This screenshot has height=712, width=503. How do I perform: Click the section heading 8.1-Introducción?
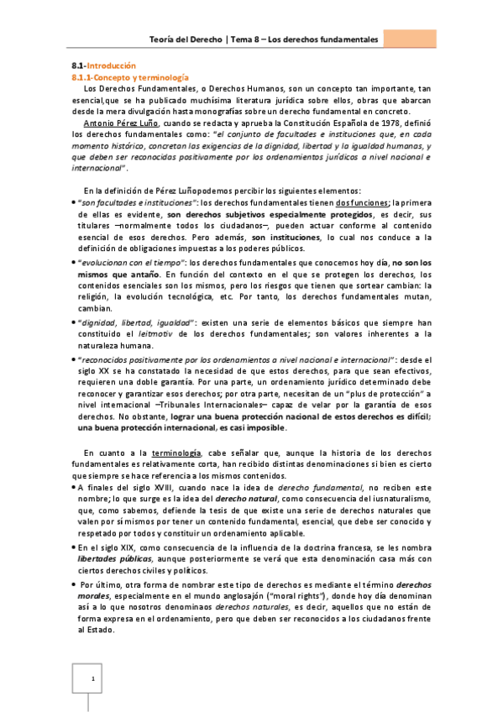(x=101, y=65)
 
